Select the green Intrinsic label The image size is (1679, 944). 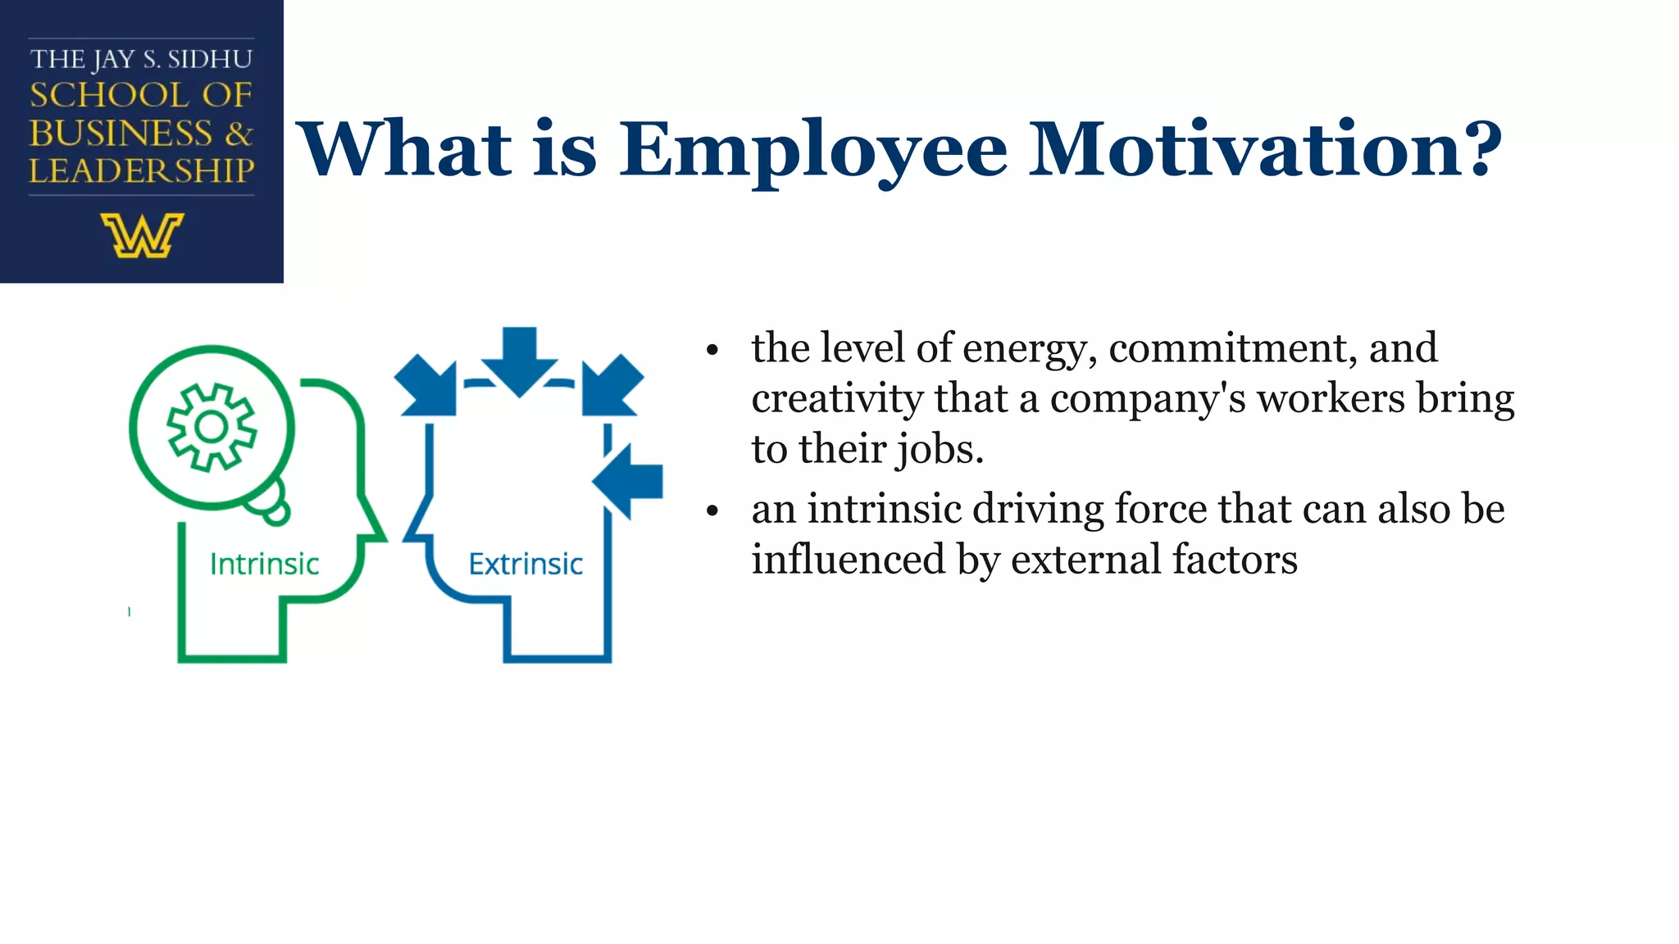point(264,564)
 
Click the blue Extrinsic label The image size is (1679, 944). point(526,564)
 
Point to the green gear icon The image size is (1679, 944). point(212,427)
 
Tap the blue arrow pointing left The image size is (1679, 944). point(629,481)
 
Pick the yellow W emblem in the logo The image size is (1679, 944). point(142,235)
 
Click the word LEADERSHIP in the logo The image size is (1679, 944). point(142,170)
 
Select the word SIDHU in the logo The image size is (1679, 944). point(210,60)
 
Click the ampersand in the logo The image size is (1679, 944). point(239,133)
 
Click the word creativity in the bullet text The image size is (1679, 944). point(837,399)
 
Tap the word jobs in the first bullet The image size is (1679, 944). point(939,449)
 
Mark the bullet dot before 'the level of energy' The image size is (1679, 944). point(712,351)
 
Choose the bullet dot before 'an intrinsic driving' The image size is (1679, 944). point(712,511)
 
